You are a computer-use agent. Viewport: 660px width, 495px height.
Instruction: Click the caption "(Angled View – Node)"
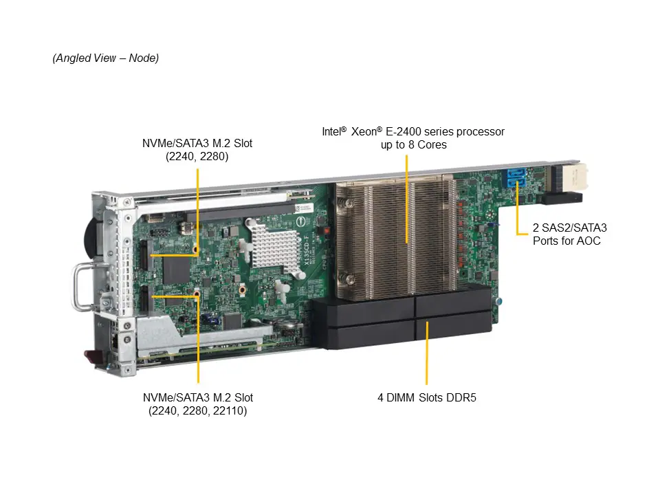coord(106,58)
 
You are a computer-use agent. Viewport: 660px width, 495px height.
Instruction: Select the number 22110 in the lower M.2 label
coord(232,410)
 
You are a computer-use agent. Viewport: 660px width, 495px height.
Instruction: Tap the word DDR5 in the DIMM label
coord(466,397)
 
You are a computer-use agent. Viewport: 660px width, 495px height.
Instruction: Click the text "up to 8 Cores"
coord(413,144)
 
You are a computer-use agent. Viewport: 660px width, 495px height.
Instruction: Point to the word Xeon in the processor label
coord(365,131)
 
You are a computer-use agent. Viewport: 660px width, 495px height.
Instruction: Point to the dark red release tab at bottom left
coord(91,357)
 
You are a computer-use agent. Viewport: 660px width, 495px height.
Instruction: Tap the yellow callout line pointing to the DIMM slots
coord(427,351)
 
